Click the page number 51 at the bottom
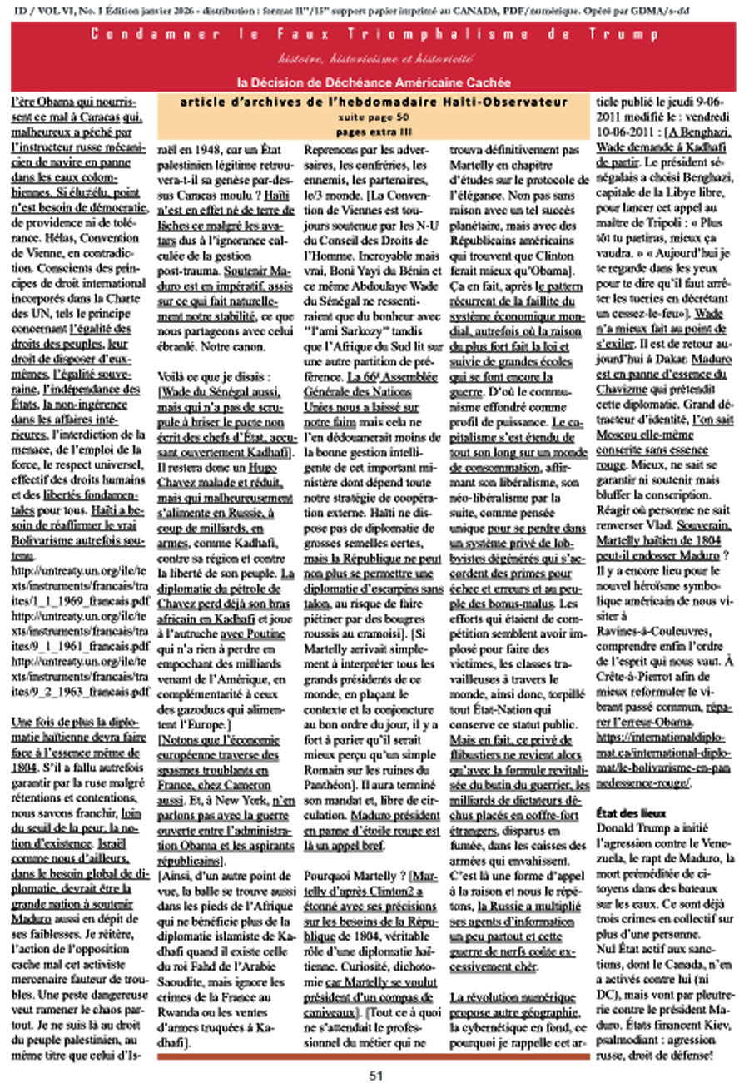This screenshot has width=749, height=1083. click(x=375, y=1074)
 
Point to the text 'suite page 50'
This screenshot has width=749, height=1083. click(x=374, y=117)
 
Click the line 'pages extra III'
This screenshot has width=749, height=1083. click(x=374, y=131)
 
